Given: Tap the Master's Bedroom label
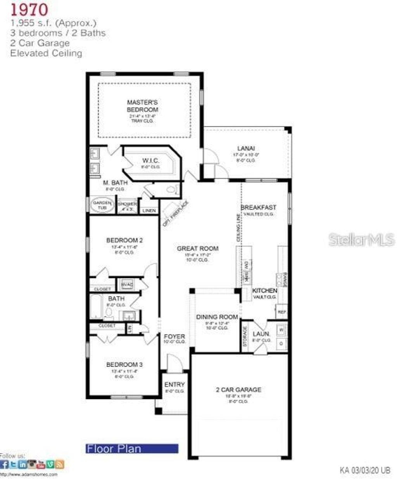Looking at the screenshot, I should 142,106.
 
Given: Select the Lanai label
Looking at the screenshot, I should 246,148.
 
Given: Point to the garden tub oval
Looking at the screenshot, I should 102,205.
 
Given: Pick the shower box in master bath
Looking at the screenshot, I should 128,206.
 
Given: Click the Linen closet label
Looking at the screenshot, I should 149,210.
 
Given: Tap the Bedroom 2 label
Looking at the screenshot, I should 124,240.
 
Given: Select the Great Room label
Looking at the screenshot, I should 198,248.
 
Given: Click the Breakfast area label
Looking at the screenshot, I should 258,208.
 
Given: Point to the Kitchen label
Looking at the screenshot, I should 265,291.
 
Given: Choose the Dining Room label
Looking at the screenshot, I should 217,317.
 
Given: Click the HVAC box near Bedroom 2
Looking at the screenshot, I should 127,285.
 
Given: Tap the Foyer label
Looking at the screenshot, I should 174,337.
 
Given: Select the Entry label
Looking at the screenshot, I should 174,384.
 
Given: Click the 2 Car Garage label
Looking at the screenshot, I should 238,389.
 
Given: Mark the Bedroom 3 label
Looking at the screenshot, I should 124,365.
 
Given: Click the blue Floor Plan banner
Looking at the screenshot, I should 132,449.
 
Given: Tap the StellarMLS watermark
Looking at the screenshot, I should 361,239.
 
